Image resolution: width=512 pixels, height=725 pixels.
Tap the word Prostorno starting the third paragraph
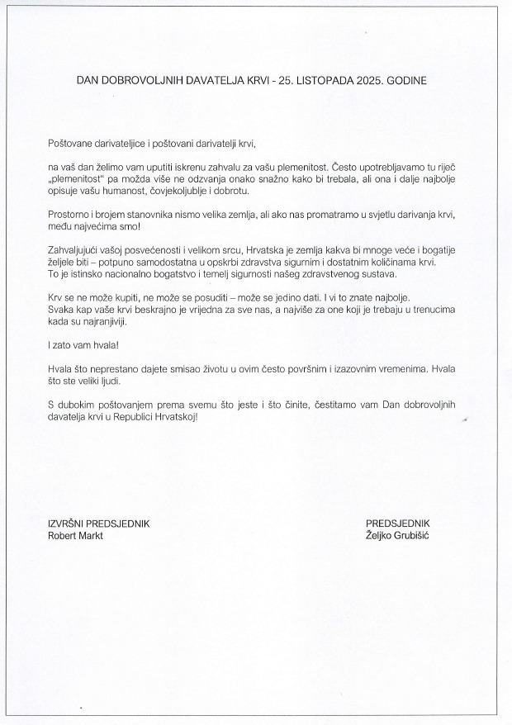pos(70,214)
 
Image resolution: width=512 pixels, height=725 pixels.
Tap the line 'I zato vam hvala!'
pos(83,345)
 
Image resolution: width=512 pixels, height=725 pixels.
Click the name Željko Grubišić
pos(398,535)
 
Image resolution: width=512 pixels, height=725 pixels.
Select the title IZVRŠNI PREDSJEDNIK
pos(99,524)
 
